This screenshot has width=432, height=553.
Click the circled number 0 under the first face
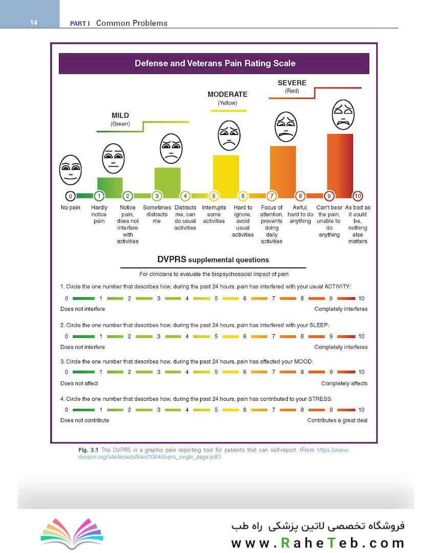click(x=70, y=196)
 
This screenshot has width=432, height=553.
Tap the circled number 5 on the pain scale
click(x=214, y=196)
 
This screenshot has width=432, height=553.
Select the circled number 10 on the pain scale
click(x=358, y=196)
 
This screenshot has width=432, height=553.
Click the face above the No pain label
click(x=71, y=170)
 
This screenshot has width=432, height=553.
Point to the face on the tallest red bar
click(x=343, y=115)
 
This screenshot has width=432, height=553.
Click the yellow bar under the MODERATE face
click(x=226, y=176)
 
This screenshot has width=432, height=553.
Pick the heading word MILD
click(x=120, y=115)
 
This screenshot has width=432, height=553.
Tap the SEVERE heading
click(x=292, y=83)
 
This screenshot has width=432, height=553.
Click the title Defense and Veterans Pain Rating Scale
click(x=215, y=63)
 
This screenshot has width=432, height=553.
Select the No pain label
click(x=71, y=207)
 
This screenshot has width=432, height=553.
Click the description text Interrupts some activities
click(x=214, y=214)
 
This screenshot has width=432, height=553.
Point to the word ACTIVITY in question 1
click(x=337, y=286)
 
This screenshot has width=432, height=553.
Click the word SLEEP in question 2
click(x=319, y=325)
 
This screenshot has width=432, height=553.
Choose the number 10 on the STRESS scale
click(x=361, y=410)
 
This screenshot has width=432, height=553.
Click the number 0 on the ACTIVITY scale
click(x=67, y=299)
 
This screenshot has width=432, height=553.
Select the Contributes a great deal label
click(x=337, y=420)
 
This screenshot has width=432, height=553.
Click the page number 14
click(x=33, y=23)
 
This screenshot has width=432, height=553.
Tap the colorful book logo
click(x=72, y=533)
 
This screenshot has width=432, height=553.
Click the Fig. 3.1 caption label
click(x=88, y=450)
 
